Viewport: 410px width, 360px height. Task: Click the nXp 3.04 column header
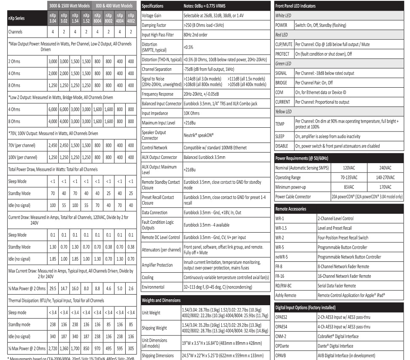pos(52,19)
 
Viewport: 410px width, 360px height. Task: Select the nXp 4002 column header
pos(131,19)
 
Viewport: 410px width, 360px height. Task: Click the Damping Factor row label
pos(154,25)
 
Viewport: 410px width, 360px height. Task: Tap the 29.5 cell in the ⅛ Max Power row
pos(52,288)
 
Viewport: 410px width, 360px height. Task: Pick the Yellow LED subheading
pos(284,112)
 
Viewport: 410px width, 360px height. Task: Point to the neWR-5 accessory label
pos(282,257)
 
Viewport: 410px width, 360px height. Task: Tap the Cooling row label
pos(148,278)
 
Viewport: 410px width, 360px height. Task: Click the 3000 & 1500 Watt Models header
pos(69,6)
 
